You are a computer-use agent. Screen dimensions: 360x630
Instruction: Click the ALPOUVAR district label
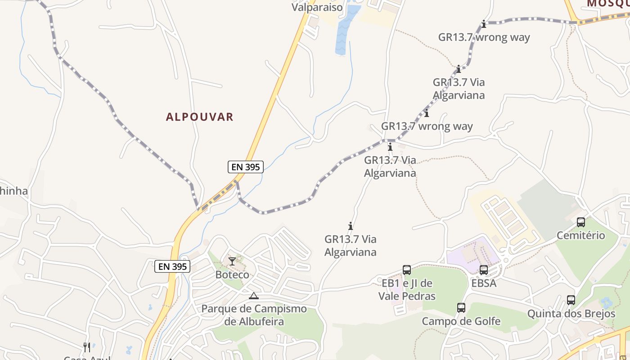200,117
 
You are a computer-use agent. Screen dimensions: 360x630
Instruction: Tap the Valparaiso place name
317,7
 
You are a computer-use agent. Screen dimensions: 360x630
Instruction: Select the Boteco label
232,274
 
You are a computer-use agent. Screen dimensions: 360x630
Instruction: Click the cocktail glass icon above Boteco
232,261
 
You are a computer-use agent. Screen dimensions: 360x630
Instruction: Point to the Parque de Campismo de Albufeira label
254,315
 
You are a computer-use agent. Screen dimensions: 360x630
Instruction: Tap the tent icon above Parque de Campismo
254,296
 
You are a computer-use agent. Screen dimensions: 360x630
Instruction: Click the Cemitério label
581,235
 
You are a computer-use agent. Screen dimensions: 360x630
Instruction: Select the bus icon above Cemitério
581,222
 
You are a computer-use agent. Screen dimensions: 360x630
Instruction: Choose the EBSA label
484,283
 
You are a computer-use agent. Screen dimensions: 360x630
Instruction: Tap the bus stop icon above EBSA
484,270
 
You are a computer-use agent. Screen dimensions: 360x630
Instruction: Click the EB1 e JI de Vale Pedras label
407,289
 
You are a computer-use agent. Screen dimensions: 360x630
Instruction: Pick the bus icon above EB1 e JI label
407,270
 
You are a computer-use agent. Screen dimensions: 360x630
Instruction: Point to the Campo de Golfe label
461,321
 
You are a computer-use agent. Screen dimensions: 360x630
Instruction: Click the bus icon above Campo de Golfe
461,308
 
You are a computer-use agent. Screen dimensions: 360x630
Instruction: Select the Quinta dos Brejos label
571,313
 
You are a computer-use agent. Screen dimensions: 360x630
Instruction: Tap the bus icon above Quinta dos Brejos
571,300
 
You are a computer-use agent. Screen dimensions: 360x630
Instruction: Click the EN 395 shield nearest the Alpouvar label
245,167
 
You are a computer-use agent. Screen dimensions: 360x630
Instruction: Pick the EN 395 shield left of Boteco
172,266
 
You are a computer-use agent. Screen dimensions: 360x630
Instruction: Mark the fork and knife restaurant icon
87,347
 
